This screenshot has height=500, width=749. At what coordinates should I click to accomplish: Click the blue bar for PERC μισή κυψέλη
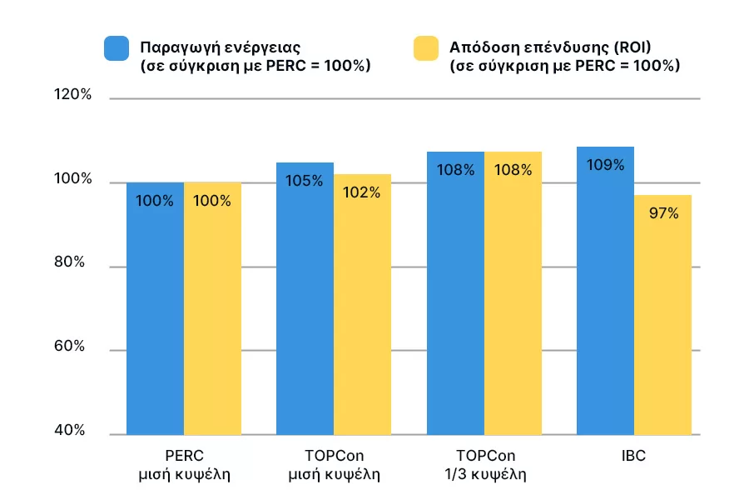click(155, 308)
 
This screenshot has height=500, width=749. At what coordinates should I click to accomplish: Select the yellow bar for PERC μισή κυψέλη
click(212, 308)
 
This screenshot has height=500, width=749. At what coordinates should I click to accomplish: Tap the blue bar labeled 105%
click(305, 300)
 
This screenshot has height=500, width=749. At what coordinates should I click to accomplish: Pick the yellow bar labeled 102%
click(362, 304)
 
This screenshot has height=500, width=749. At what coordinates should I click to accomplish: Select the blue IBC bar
click(605, 292)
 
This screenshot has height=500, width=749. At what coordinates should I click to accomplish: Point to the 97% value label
click(663, 214)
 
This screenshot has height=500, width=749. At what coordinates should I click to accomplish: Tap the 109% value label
click(605, 165)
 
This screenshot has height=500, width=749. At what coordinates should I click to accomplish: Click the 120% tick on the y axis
click(72, 96)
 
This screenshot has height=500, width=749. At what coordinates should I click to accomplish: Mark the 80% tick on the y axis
click(72, 262)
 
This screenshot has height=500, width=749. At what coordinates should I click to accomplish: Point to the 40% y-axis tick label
click(72, 430)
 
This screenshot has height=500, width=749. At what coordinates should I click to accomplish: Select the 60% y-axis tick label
click(72, 347)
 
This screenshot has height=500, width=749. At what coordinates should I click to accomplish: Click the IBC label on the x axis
click(633, 457)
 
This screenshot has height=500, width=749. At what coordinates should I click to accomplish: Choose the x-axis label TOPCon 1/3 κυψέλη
click(485, 466)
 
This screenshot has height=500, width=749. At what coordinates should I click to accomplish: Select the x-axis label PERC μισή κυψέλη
click(184, 466)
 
